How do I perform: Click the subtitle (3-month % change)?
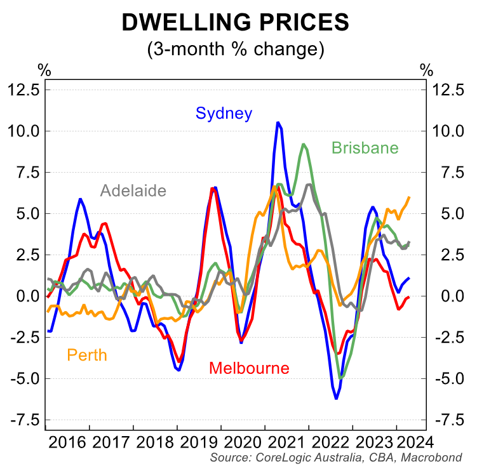(236, 50)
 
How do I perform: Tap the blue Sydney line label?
(224, 114)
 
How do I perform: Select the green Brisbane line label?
(365, 149)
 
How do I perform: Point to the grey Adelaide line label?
(133, 191)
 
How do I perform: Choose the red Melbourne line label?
(249, 368)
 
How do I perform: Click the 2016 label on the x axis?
(67, 442)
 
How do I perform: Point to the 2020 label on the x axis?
(243, 442)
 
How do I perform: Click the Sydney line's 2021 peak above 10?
(278, 123)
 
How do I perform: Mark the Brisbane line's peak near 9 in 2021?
(304, 145)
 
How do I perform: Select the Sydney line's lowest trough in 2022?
(336, 398)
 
